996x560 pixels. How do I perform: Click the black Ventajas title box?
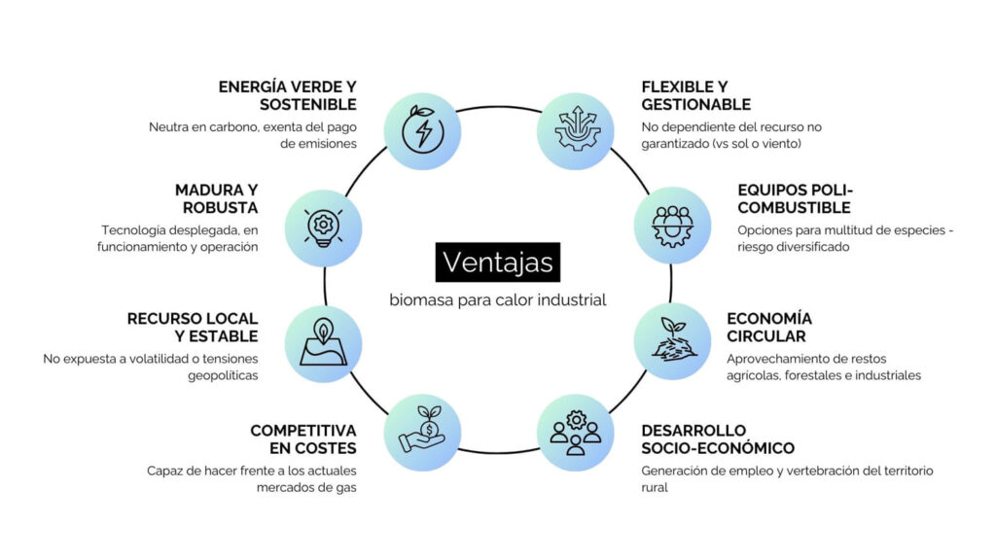click(x=498, y=262)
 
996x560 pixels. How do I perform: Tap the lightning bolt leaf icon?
click(x=422, y=131)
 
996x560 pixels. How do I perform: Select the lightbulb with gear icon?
click(x=323, y=227)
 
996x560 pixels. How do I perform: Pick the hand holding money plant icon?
click(x=422, y=431)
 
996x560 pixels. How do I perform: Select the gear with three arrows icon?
click(x=576, y=131)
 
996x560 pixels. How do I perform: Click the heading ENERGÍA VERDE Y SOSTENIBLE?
click(x=288, y=95)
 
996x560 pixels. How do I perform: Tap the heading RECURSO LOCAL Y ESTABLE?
click(x=193, y=328)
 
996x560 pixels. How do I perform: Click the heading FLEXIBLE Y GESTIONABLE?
click(x=696, y=95)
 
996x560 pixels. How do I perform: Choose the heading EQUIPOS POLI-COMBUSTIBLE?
click(x=796, y=198)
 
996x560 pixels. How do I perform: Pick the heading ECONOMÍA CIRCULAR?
click(x=768, y=328)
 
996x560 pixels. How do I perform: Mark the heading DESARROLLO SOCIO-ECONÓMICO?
click(x=718, y=439)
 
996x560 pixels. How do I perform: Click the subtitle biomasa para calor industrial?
click(x=498, y=299)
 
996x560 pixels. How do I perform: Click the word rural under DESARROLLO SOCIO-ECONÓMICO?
click(x=655, y=487)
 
